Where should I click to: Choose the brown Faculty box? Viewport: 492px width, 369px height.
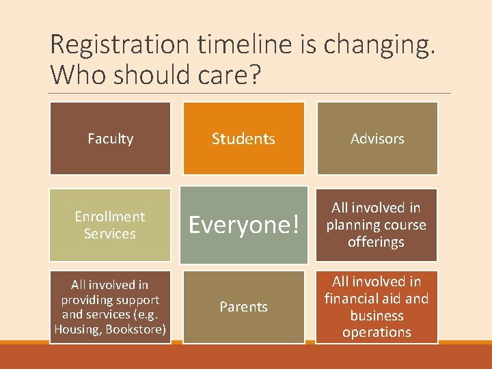[110, 139]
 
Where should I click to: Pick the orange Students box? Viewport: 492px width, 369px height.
[243, 139]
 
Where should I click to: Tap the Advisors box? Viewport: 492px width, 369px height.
[377, 139]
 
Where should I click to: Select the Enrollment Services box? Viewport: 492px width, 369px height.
[110, 225]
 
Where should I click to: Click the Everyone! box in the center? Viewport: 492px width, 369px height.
[243, 225]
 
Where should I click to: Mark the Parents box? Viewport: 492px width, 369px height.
[243, 307]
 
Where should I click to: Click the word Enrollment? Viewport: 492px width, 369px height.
[110, 217]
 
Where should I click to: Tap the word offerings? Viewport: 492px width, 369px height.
[376, 242]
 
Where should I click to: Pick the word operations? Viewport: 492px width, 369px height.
[377, 333]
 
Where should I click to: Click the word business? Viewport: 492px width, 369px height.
[377, 316]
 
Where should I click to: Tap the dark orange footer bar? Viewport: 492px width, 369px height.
[246, 357]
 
